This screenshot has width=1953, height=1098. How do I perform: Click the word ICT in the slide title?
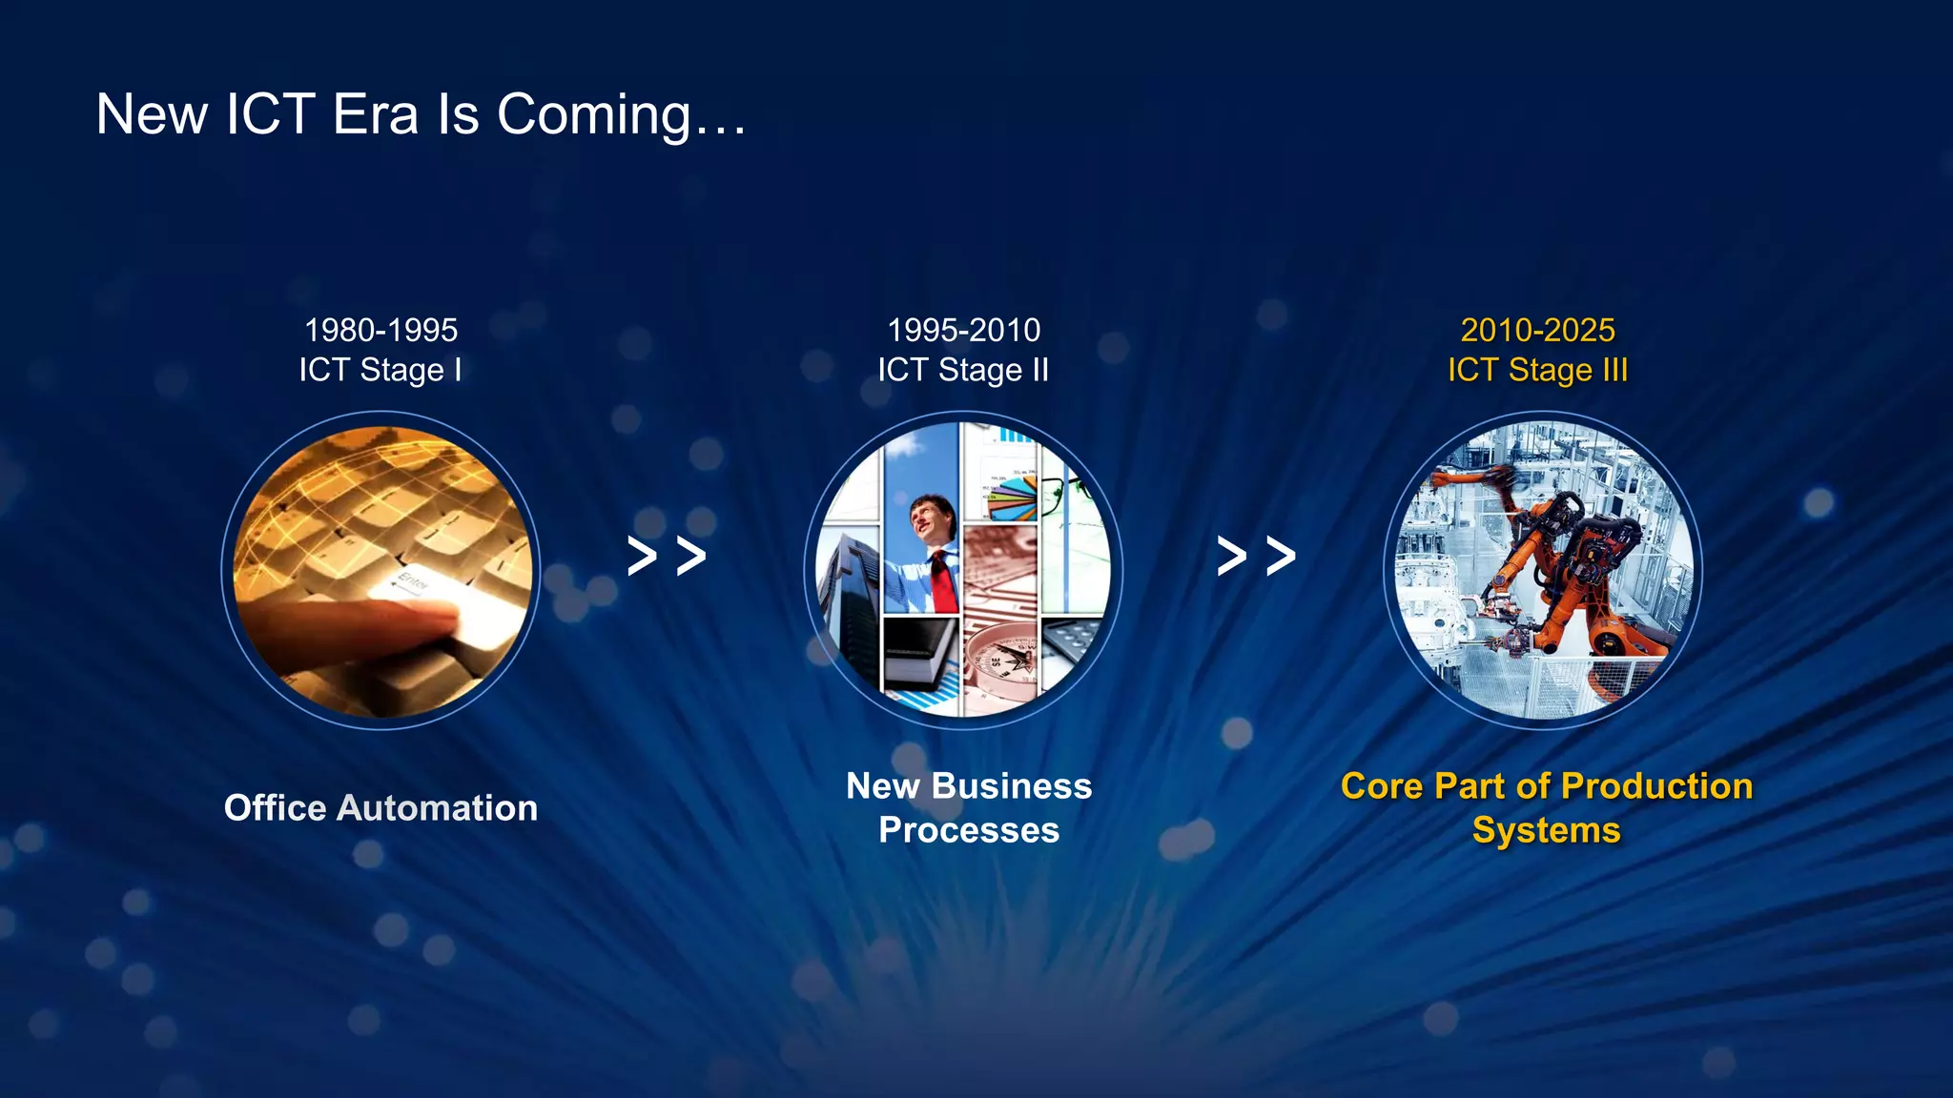(270, 115)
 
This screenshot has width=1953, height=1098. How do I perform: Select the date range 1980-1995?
(380, 331)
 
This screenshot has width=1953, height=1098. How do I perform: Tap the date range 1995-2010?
(963, 331)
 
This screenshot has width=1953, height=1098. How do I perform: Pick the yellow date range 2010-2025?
(1537, 331)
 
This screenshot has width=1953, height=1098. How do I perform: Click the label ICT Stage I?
(380, 370)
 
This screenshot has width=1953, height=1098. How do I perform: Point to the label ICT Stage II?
(963, 370)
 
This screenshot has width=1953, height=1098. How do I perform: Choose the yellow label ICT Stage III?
(1537, 370)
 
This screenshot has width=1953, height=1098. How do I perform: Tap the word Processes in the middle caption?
(969, 830)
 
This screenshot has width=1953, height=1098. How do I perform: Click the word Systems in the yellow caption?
(1546, 830)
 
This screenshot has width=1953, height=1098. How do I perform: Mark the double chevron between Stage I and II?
(667, 556)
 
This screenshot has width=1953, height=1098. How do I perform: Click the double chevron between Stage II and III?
(1256, 556)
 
